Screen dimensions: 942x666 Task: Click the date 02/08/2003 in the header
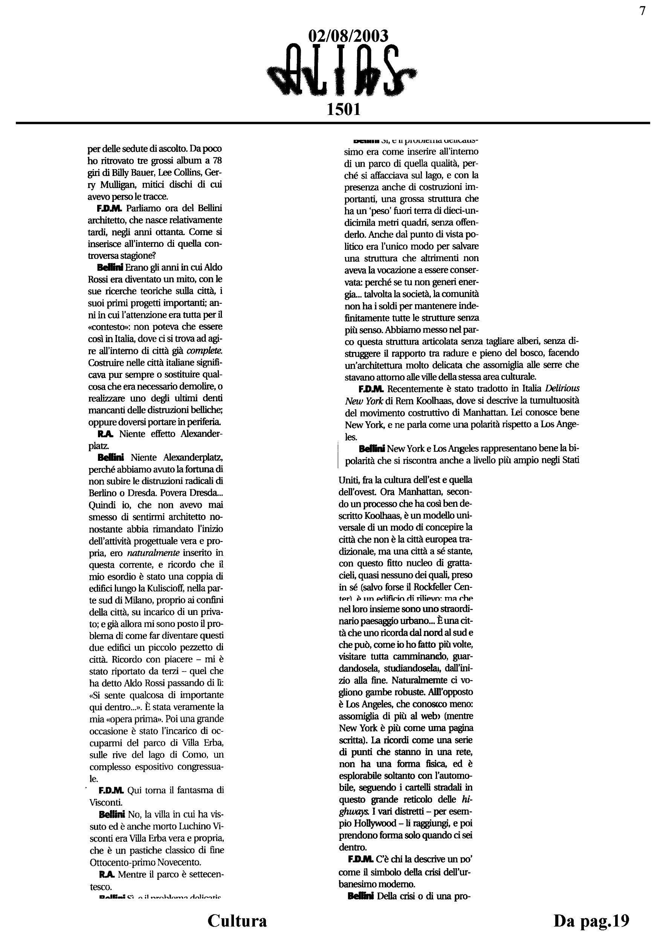[348, 37]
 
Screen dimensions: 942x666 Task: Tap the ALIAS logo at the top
[343, 70]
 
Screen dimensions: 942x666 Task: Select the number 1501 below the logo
[344, 110]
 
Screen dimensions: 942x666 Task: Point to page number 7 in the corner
[642, 11]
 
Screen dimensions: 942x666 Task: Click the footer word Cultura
[237, 921]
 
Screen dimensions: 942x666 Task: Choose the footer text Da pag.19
[591, 921]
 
